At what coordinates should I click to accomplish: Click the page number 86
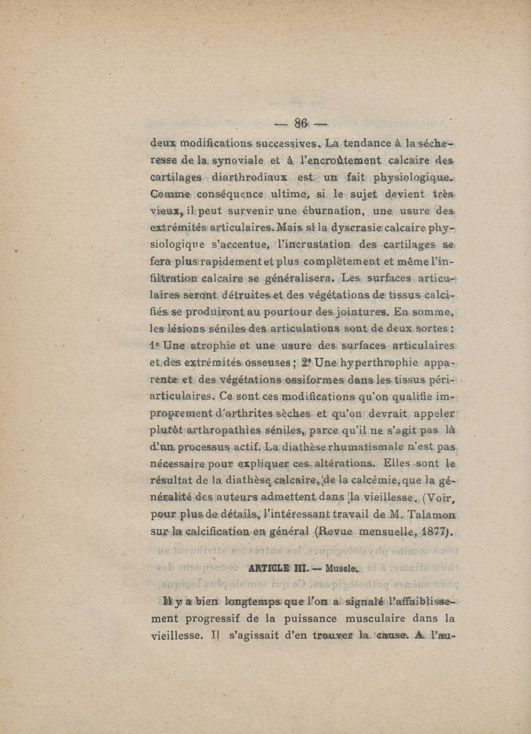point(303,123)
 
